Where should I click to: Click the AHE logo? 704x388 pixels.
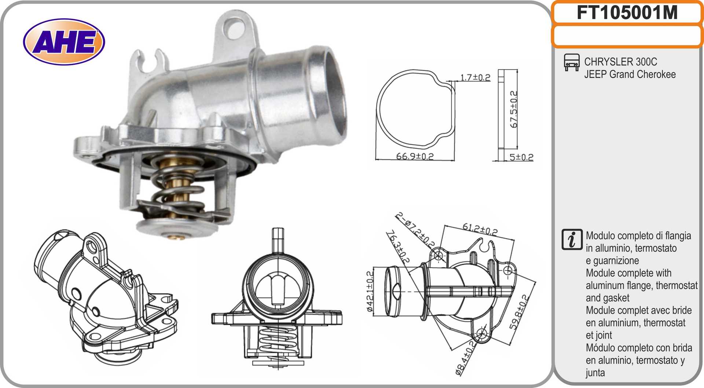pos(64,41)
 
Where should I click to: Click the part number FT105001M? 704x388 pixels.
pos(627,12)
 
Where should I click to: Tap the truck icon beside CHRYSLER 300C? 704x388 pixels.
pos(572,62)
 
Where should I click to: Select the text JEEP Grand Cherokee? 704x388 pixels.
pos(630,74)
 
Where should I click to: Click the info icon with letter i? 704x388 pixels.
pos(572,240)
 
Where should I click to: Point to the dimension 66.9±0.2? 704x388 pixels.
pos(415,156)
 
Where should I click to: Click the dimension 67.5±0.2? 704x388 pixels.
pos(514,109)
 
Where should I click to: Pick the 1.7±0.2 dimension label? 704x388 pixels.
pos(475,77)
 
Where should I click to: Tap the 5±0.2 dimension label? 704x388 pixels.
pos(521,157)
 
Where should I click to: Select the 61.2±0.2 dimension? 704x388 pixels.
pos(480,229)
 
